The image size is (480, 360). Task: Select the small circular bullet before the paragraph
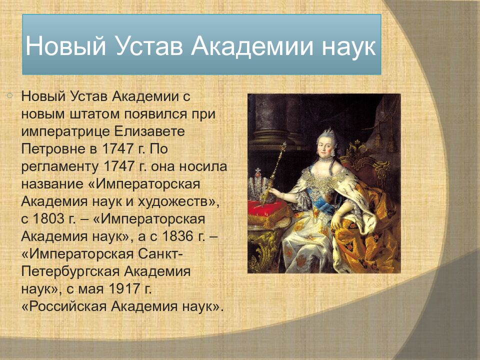[10, 96]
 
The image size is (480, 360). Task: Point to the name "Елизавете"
[149, 131]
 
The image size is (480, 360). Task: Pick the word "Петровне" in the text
[53, 149]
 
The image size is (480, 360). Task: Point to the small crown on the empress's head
[328, 131]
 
